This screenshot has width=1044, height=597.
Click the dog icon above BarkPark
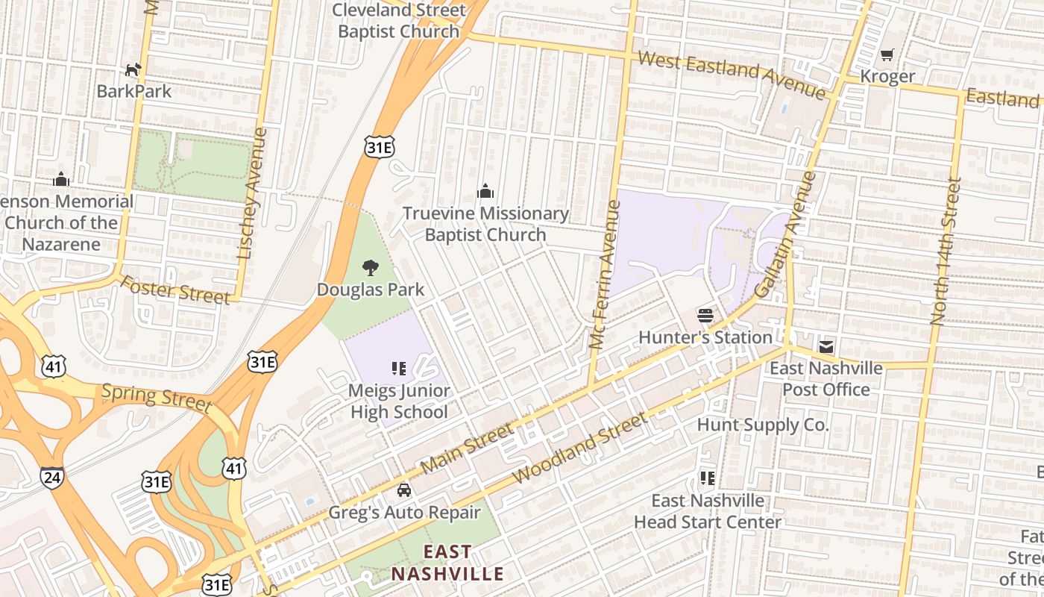click(133, 70)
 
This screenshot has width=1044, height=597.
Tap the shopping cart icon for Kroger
click(887, 54)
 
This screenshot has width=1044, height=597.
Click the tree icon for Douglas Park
click(370, 268)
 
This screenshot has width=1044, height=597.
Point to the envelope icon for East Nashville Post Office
click(826, 346)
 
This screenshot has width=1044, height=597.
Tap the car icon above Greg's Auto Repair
click(404, 490)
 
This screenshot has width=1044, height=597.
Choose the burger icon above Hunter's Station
click(705, 315)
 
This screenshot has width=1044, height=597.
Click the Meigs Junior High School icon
click(399, 368)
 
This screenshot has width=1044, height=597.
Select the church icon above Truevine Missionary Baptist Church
click(485, 192)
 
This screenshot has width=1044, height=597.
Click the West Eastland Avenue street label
click(732, 73)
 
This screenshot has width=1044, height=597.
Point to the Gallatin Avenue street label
click(785, 234)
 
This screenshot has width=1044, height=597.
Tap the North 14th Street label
click(946, 251)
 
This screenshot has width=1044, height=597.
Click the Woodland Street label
click(580, 447)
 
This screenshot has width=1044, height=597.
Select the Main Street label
click(467, 448)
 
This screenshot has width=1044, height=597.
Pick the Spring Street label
click(157, 397)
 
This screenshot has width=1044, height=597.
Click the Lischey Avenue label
click(252, 193)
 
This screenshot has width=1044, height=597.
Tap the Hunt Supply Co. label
click(762, 425)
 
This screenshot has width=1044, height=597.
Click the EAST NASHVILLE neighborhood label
click(447, 563)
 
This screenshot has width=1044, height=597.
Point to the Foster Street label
click(175, 290)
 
